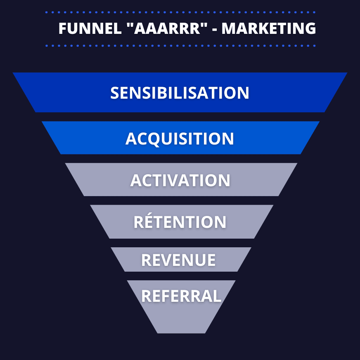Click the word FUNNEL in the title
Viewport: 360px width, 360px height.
(90, 28)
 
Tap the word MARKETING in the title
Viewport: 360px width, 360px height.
(269, 28)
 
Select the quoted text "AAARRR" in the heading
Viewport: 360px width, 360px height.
(167, 28)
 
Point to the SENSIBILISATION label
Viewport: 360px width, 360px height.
(180, 93)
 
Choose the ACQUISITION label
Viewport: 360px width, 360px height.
(180, 139)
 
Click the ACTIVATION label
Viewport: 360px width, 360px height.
(180, 180)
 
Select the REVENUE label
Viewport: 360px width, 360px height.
(178, 260)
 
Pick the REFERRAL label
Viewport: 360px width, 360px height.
(181, 296)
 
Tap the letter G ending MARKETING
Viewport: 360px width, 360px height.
(310, 28)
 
